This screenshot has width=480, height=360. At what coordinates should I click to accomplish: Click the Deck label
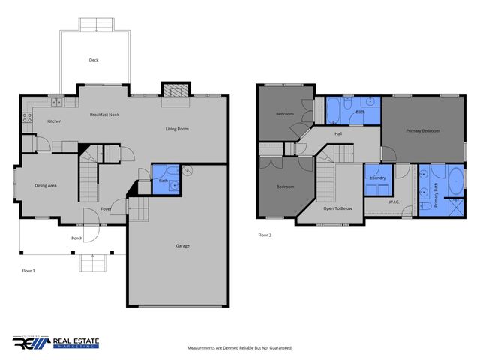(x=94, y=60)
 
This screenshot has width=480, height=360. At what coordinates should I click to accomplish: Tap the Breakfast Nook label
(x=104, y=115)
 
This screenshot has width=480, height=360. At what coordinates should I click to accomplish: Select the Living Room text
(x=177, y=129)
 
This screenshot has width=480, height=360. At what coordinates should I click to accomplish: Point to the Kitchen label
(x=54, y=121)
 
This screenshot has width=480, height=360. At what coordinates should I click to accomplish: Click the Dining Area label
(x=46, y=186)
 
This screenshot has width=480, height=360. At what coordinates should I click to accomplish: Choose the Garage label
(x=182, y=245)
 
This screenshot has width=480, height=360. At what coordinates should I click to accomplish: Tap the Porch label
(x=76, y=238)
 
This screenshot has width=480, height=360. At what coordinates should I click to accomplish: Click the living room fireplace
(x=175, y=91)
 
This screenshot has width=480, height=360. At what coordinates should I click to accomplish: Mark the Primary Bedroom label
(x=422, y=131)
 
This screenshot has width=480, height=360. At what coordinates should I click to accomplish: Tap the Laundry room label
(x=377, y=178)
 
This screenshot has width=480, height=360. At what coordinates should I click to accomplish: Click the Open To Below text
(x=338, y=208)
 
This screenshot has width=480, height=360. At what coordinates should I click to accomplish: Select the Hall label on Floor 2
(x=338, y=134)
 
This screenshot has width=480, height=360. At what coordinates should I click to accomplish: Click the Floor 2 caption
(x=265, y=235)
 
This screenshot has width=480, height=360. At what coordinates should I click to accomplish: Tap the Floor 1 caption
(x=28, y=270)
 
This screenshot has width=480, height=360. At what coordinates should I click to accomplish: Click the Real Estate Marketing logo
(x=55, y=342)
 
